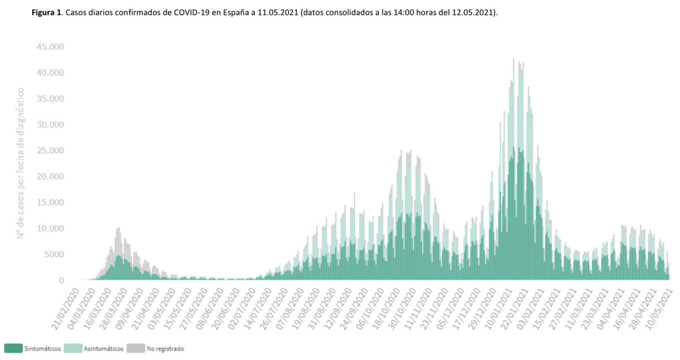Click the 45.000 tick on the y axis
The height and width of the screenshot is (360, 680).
click(x=50, y=46)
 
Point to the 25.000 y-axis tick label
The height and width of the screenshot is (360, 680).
click(x=50, y=151)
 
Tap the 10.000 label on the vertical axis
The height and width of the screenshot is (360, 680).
click(x=50, y=228)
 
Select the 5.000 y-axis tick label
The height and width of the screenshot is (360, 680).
click(x=52, y=255)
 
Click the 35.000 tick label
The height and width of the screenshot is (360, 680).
click(x=50, y=99)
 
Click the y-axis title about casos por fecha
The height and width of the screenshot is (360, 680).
click(x=21, y=163)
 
